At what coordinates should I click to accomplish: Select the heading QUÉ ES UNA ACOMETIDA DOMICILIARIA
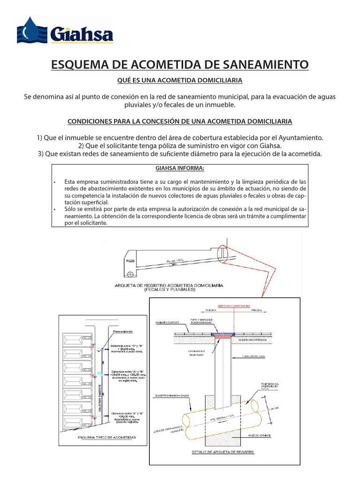180,81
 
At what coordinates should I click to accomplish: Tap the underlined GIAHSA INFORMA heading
180,169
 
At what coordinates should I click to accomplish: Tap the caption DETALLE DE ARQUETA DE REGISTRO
223,452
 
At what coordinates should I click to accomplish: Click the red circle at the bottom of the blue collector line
100,415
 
